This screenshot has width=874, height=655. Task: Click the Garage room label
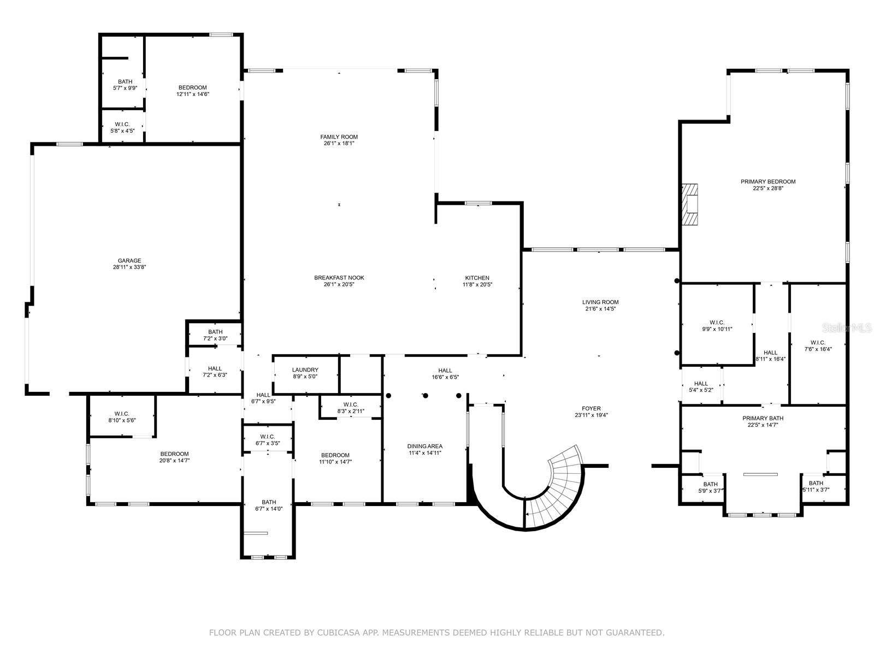129,261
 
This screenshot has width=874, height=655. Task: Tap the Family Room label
339,137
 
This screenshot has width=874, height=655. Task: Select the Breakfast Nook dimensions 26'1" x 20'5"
339,284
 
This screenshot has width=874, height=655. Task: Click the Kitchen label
477,278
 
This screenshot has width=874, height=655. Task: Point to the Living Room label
600,302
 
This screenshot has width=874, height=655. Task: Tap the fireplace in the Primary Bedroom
690,204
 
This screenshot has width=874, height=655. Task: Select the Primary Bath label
763,419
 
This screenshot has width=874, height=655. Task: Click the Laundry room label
305,370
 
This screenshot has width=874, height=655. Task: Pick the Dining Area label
425,446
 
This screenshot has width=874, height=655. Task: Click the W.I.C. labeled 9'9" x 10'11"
717,326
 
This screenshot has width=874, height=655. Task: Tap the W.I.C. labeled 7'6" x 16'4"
818,346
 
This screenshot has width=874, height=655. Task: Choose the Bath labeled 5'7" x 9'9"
125,85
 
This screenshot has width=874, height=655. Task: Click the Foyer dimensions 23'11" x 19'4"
591,415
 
